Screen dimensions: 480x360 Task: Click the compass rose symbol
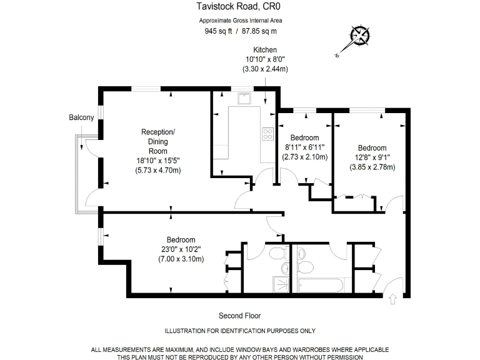(360, 36)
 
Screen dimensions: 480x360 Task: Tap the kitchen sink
(244, 98)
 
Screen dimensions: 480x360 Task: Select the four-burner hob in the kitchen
(267, 134)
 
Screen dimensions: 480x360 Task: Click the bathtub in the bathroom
(321, 285)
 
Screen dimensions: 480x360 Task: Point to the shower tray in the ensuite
(281, 285)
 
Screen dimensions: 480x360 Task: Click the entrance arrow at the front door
(392, 299)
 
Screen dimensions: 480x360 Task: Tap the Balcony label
(81, 117)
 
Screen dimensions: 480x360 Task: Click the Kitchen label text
(265, 50)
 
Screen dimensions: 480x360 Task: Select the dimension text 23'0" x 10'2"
(181, 249)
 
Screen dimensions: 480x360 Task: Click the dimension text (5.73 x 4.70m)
(158, 170)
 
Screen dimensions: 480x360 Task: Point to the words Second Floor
(240, 316)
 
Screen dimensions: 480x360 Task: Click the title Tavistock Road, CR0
(239, 6)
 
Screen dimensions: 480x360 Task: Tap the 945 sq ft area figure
(218, 31)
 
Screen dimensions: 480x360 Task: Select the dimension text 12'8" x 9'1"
(372, 157)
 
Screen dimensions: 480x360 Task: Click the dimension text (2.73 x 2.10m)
(304, 157)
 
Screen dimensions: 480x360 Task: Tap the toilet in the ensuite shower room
(278, 253)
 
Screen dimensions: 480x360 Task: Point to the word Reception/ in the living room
(158, 132)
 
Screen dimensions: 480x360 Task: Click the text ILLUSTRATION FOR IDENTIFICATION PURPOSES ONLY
(240, 331)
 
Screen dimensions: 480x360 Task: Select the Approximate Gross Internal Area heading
(241, 21)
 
